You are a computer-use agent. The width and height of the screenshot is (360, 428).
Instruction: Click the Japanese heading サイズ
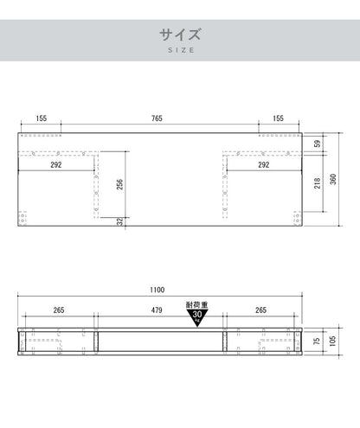180,35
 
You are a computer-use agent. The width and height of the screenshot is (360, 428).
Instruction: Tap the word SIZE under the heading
181,50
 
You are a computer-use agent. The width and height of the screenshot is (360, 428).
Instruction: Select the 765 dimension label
157,118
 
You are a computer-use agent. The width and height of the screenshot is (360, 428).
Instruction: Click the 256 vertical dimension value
119,184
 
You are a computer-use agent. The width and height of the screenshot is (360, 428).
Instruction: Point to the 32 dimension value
120,221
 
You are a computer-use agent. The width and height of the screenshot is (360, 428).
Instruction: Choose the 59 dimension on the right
317,144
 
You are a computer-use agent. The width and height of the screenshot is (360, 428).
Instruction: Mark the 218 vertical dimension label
317,183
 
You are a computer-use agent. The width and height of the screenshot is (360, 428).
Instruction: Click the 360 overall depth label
333,179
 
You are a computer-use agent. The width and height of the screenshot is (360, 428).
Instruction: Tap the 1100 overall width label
157,290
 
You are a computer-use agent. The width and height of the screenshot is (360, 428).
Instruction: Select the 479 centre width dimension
157,310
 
